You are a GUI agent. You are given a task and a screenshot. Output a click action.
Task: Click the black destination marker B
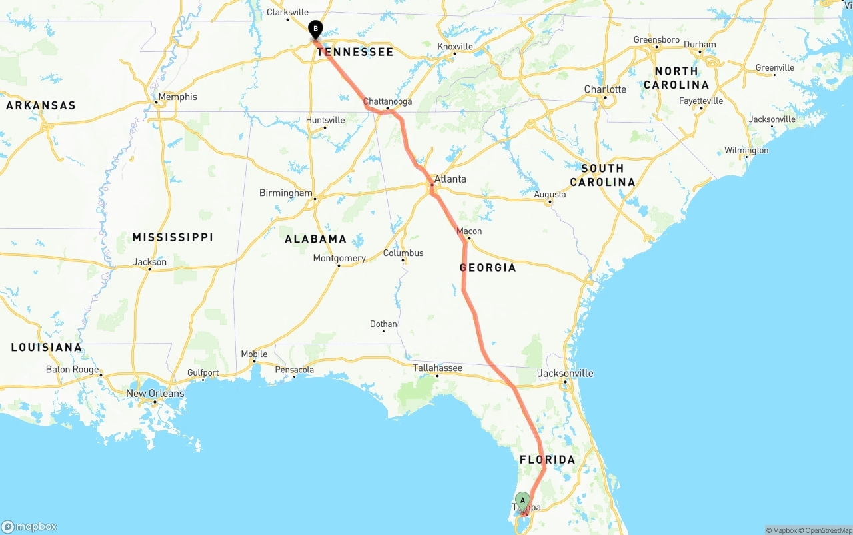(x=315, y=29)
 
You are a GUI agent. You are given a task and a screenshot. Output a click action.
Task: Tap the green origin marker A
(x=522, y=500)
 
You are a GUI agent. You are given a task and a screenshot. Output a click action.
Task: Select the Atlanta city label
(x=450, y=179)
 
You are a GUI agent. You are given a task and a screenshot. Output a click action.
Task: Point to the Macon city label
(x=469, y=231)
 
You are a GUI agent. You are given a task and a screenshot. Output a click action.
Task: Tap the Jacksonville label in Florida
(x=565, y=373)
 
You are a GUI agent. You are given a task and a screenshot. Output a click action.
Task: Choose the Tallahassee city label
(x=437, y=368)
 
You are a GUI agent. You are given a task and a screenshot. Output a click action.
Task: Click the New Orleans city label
(x=155, y=393)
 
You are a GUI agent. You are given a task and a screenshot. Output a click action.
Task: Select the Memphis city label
(x=177, y=97)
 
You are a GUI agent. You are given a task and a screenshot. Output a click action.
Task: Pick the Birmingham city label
(x=285, y=193)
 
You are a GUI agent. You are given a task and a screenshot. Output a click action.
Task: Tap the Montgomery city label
(x=339, y=258)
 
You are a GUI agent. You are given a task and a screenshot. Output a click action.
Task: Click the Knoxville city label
(x=455, y=47)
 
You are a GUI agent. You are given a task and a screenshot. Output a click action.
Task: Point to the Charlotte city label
(x=605, y=89)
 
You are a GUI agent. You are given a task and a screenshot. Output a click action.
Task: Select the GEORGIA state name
(x=488, y=268)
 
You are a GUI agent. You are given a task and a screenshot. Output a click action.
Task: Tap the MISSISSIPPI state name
(x=173, y=237)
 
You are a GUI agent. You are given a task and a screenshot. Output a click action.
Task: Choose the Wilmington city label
(x=746, y=150)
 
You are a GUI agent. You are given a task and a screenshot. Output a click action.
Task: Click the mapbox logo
(x=29, y=527)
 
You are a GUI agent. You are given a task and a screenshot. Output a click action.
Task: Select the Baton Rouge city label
(x=72, y=370)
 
